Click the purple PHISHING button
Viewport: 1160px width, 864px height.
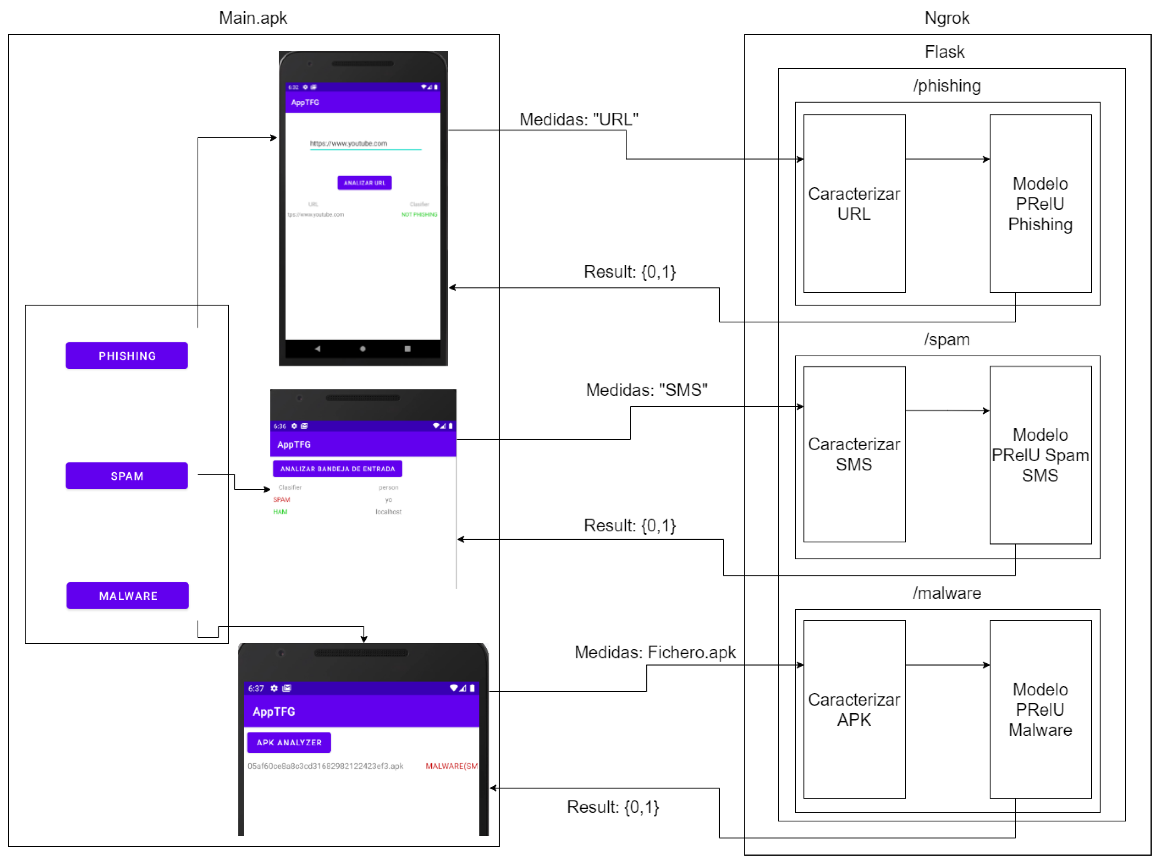(127, 356)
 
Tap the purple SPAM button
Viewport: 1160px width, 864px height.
(127, 476)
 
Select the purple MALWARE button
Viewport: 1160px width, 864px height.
(128, 596)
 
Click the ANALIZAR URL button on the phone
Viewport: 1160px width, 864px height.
(364, 183)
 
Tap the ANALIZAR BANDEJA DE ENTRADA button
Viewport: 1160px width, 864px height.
(337, 469)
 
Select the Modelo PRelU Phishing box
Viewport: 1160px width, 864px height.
(1040, 203)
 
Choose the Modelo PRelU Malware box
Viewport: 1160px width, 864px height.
(1040, 709)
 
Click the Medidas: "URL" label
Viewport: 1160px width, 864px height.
(579, 119)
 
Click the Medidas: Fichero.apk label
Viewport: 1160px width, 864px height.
(655, 652)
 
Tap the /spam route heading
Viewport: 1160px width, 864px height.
(947, 340)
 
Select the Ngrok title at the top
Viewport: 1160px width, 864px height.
(947, 18)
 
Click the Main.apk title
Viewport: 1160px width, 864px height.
(253, 18)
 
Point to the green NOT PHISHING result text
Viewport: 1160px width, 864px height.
(419, 215)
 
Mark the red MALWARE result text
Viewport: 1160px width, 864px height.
(451, 766)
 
